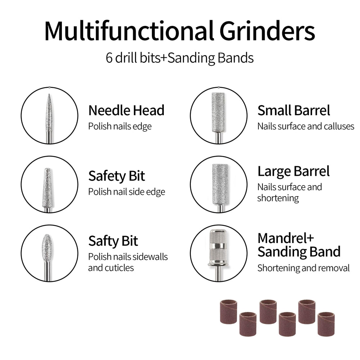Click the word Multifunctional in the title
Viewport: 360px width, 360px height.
(x=129, y=31)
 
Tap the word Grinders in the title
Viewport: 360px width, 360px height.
(x=267, y=31)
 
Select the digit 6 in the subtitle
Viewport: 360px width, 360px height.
(x=109, y=58)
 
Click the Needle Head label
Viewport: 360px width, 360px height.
(x=126, y=111)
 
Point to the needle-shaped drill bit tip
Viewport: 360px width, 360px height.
(x=49, y=94)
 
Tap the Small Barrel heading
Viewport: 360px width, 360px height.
(x=294, y=111)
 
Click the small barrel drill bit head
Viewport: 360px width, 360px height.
(x=218, y=112)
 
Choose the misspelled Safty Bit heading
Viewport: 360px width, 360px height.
(x=113, y=241)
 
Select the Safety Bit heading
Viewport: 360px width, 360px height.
(x=117, y=176)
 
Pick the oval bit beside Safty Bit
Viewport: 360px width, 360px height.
(x=47, y=248)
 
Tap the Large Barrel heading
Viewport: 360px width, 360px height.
(x=293, y=171)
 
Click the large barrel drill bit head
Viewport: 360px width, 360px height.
(x=220, y=184)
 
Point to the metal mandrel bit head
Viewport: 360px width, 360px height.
(x=218, y=248)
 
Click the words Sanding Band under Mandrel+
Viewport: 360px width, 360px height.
(x=299, y=252)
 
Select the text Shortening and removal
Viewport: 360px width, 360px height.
(x=303, y=268)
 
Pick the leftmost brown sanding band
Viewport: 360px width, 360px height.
(x=229, y=312)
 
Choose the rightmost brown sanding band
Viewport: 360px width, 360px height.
(x=326, y=324)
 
